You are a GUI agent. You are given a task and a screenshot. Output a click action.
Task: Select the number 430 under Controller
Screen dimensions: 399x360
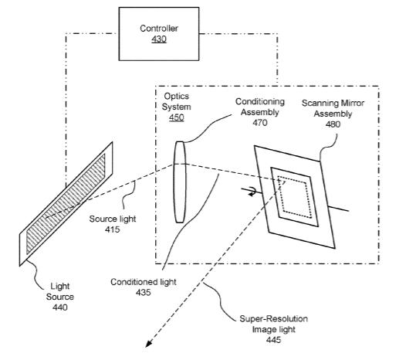(159, 39)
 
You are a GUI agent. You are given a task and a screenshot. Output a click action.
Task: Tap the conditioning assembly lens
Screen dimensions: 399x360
(180, 182)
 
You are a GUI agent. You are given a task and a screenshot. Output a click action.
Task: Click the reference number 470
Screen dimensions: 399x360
(260, 123)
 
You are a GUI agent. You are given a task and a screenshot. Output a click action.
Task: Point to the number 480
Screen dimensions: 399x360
(333, 124)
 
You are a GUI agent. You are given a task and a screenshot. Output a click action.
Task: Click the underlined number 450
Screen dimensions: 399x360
(177, 117)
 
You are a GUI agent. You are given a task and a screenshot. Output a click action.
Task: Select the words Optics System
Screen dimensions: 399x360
(177, 101)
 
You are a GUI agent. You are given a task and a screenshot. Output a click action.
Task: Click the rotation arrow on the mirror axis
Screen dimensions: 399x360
(252, 192)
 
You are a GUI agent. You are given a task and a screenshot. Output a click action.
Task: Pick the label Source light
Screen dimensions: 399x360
(113, 219)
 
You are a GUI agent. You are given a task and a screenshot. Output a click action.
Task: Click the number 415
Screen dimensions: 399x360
(113, 229)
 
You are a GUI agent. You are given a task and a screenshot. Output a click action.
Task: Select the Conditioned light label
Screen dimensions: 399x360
(144, 282)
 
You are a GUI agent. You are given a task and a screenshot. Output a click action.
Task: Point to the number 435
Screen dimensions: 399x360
(144, 293)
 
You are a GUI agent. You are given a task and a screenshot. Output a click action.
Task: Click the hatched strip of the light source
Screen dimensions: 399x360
(66, 203)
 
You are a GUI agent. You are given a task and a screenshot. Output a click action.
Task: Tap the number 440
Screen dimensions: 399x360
(60, 307)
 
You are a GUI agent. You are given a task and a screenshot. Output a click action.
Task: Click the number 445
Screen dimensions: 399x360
(273, 340)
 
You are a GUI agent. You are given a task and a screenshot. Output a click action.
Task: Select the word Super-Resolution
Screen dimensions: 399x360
(273, 319)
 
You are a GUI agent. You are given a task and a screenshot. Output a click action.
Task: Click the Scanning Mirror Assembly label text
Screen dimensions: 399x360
(333, 108)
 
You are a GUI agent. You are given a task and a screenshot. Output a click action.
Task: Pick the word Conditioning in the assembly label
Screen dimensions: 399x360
(260, 102)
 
